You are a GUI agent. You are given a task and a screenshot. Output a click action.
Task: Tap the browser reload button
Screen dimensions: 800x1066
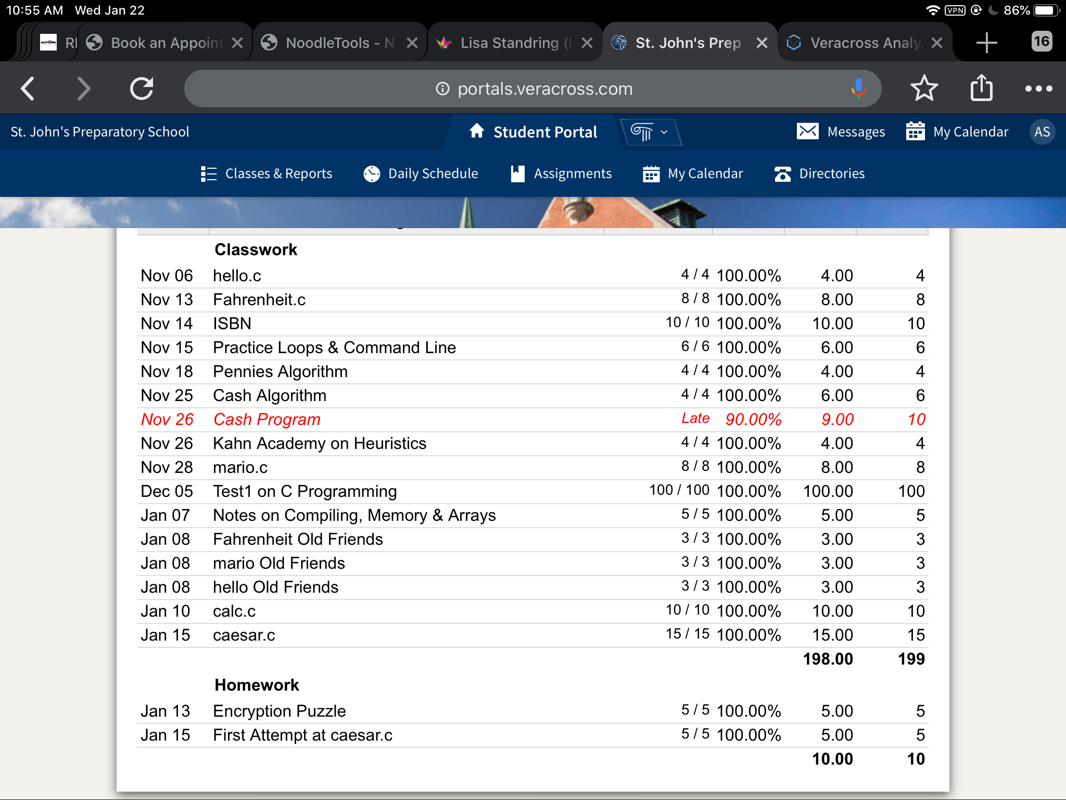point(142,89)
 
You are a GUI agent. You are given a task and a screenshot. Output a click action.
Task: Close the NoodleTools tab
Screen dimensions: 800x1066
point(412,43)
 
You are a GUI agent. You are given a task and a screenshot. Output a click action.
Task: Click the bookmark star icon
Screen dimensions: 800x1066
point(924,89)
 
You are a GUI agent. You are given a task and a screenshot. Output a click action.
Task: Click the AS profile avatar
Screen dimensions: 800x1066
point(1042,132)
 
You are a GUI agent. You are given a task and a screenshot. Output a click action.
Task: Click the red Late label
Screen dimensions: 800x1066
point(695,418)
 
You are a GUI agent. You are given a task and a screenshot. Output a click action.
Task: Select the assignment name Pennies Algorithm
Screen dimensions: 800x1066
point(280,371)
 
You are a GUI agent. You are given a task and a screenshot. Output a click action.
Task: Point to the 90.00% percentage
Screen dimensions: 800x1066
point(753,419)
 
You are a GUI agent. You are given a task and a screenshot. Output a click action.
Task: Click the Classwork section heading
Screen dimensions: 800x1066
point(256,249)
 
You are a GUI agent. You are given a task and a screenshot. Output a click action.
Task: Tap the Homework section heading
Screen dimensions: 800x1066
point(257,685)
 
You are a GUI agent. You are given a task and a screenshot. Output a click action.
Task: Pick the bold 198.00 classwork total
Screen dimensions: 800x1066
point(828,659)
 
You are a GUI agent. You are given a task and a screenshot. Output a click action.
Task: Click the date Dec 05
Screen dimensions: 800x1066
point(167,491)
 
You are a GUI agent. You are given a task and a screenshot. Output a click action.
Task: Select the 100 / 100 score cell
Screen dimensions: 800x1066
point(679,490)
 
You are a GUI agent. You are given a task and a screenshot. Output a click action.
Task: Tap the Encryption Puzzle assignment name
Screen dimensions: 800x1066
point(280,711)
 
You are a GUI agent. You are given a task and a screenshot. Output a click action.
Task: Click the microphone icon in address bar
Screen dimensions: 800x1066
point(858,89)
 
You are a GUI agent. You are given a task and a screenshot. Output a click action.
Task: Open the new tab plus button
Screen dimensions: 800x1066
point(986,43)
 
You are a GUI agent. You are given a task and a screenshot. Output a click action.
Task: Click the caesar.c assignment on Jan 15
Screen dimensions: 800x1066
point(244,635)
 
